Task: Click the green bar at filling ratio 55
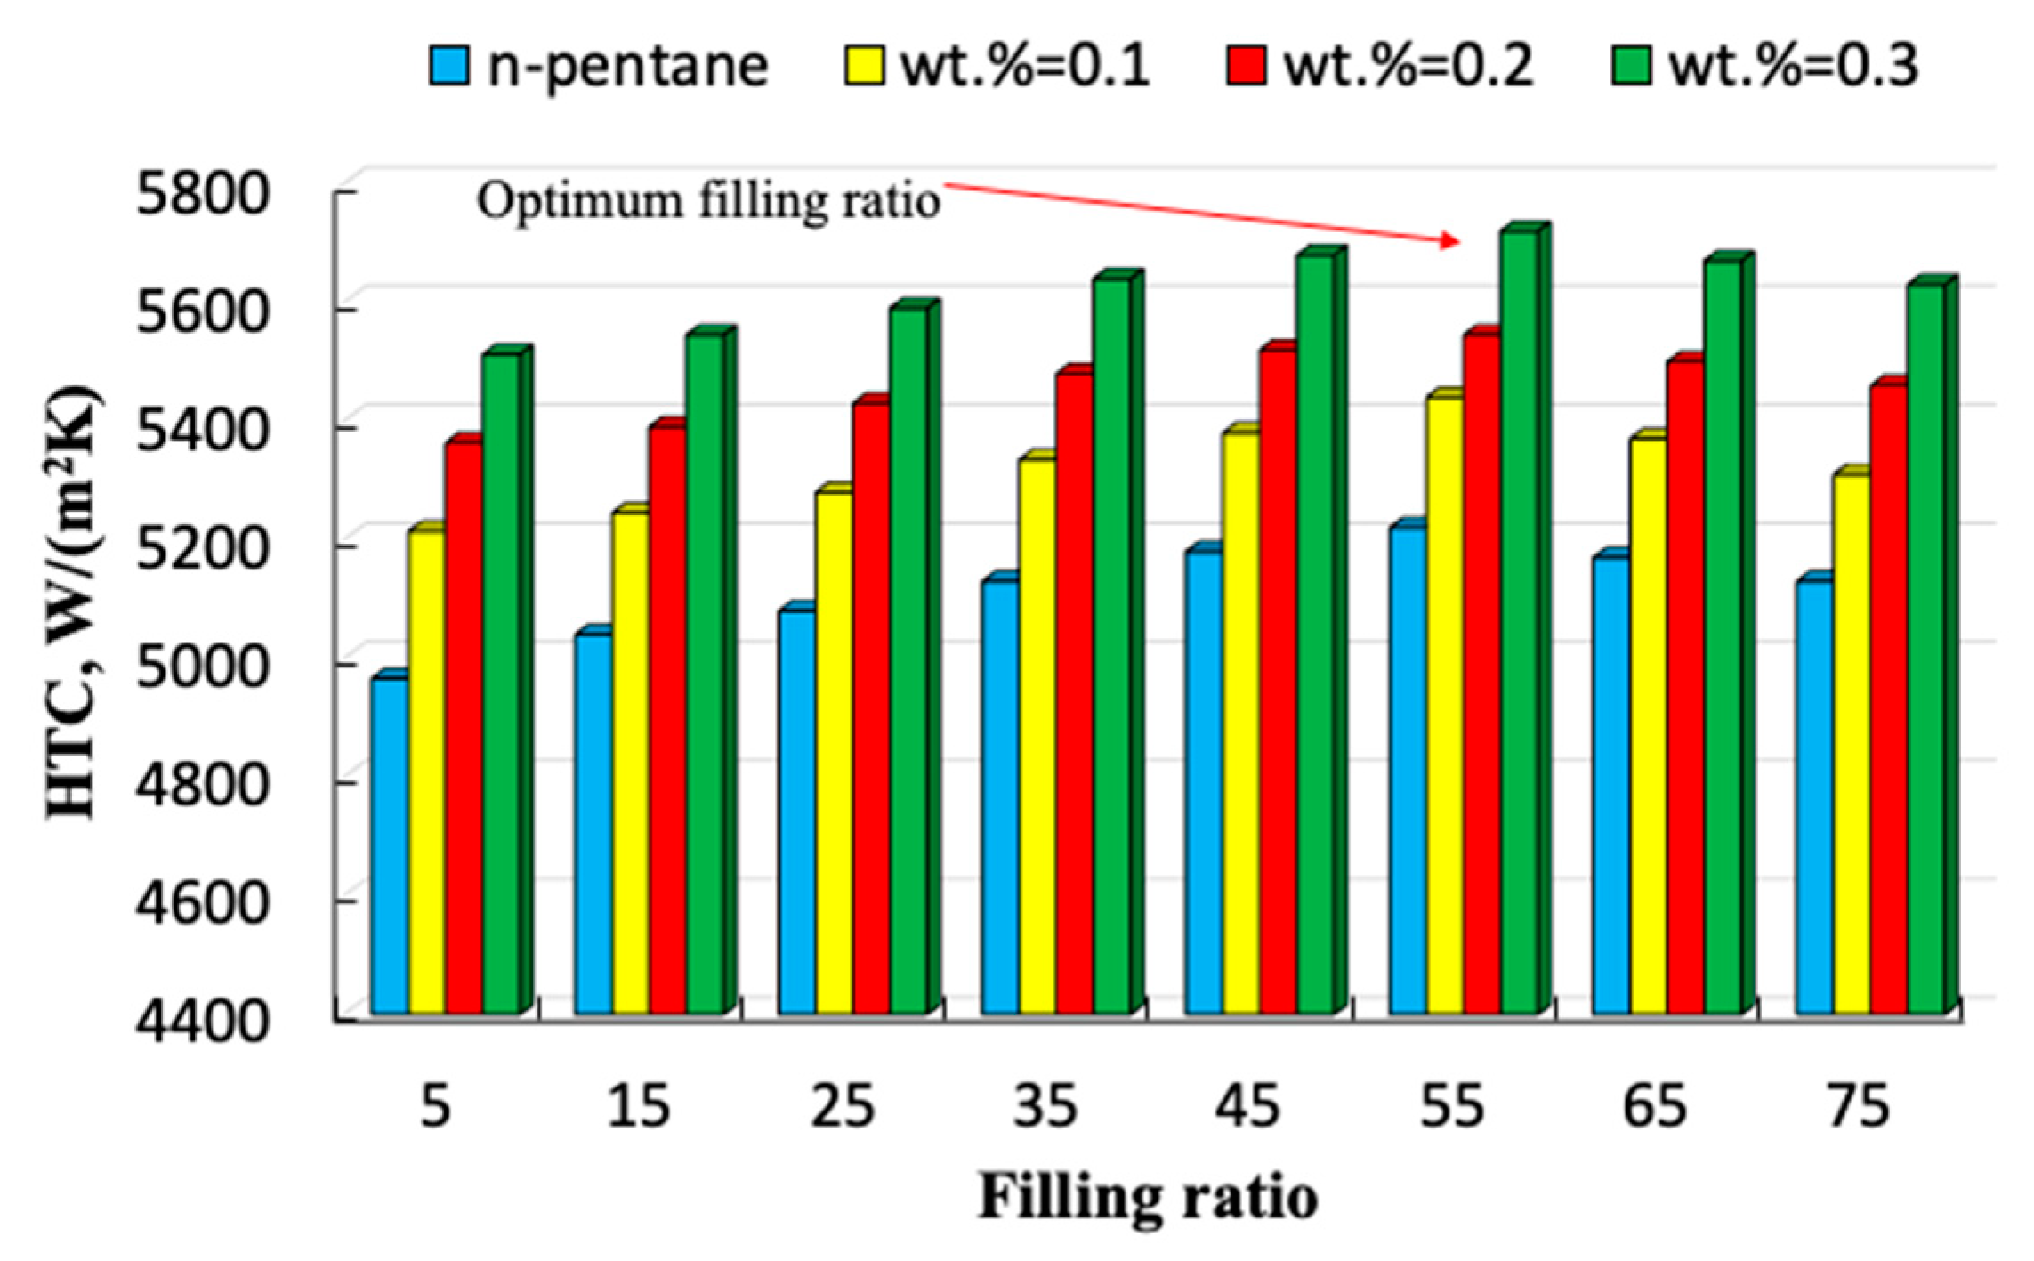1520,623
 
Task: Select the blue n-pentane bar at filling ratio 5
390,845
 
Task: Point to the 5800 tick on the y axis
201,193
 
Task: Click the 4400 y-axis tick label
201,1021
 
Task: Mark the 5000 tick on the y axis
201,666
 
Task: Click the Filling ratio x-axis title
1148,1197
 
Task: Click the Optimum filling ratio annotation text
708,201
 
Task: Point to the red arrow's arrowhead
1450,240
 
